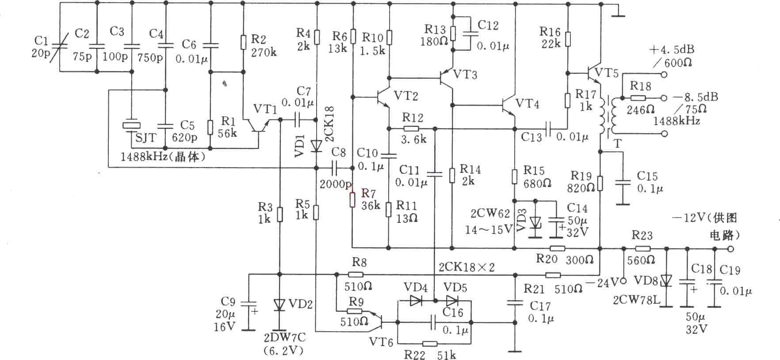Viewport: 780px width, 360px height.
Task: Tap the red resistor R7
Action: click(x=352, y=199)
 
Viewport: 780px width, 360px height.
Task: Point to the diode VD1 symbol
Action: click(x=316, y=146)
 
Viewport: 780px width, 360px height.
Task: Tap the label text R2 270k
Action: click(x=263, y=45)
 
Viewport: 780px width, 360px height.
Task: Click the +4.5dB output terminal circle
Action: click(x=664, y=75)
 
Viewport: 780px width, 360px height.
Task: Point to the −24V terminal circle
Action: click(x=623, y=281)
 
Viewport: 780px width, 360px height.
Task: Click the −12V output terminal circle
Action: click(x=730, y=249)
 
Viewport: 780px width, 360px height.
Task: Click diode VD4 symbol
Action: click(x=416, y=301)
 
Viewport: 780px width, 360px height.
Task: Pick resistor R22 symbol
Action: click(x=430, y=344)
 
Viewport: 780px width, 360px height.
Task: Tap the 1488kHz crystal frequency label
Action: click(x=163, y=156)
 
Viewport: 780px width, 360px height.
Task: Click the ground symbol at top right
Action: click(x=618, y=11)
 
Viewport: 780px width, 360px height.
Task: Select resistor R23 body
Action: click(x=642, y=249)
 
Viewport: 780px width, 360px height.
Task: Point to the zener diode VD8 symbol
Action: click(x=667, y=280)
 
